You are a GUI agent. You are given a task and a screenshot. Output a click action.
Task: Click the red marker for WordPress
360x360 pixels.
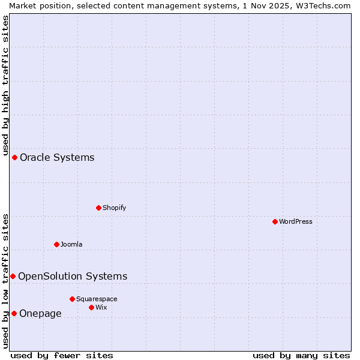pyautogui.click(x=275, y=221)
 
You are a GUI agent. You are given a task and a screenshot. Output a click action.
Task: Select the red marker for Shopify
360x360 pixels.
pyautogui.click(x=98, y=208)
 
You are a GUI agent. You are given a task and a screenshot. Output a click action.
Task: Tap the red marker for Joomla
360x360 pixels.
pyautogui.click(x=56, y=244)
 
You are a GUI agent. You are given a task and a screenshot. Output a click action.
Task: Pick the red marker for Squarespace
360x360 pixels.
pyautogui.click(x=72, y=299)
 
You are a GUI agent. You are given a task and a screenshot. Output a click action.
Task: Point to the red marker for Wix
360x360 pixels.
pyautogui.click(x=91, y=307)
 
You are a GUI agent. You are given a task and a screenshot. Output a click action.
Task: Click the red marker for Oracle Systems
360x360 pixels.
pyautogui.click(x=14, y=157)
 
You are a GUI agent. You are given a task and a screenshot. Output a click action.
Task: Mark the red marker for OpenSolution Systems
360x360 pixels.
pyautogui.click(x=13, y=276)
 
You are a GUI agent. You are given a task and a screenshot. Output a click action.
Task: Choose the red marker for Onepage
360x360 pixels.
pyautogui.click(x=14, y=313)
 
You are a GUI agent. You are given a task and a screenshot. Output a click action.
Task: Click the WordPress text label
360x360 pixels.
pyautogui.click(x=296, y=221)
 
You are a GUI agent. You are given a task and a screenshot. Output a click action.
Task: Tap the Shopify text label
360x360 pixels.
pyautogui.click(x=114, y=208)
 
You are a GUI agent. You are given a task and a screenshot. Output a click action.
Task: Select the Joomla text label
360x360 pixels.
pyautogui.click(x=71, y=244)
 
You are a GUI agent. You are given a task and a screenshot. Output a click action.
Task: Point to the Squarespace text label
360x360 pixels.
pyautogui.click(x=97, y=299)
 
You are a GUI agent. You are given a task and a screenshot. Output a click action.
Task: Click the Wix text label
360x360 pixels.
pyautogui.click(x=101, y=307)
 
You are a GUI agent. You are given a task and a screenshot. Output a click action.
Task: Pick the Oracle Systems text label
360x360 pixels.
pyautogui.click(x=57, y=157)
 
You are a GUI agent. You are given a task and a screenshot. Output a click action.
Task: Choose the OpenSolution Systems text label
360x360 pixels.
pyautogui.click(x=73, y=276)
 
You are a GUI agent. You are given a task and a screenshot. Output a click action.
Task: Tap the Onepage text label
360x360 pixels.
pyautogui.click(x=40, y=313)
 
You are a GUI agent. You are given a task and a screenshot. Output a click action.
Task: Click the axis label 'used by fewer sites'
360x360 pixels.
pyautogui.click(x=62, y=355)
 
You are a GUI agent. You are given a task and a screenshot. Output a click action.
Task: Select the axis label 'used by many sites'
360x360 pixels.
pyautogui.click(x=301, y=355)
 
